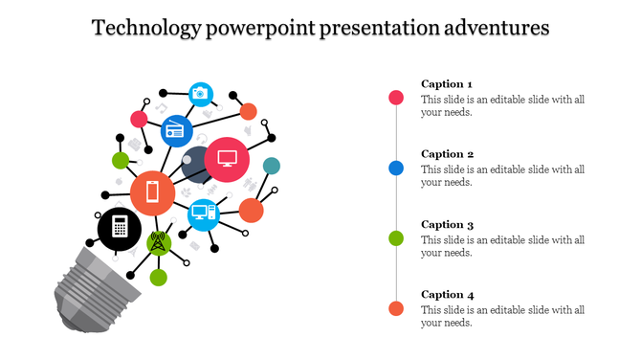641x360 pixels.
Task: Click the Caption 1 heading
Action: tap(447, 83)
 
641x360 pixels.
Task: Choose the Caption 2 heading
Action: tap(447, 154)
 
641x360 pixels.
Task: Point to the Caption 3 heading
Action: tap(447, 224)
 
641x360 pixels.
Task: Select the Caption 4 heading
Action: tap(447, 294)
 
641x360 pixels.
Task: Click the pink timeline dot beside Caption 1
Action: tap(396, 98)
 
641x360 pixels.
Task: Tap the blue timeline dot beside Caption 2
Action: tap(396, 168)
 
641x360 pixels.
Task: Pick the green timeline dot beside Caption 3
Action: tap(396, 237)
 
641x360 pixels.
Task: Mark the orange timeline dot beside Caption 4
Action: tap(396, 307)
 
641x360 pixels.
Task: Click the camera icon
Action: tap(200, 93)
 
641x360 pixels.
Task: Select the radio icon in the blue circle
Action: tap(176, 130)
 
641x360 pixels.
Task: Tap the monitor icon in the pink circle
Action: tap(227, 159)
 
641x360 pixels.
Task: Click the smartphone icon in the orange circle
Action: tap(152, 192)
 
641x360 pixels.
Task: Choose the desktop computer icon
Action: tap(204, 214)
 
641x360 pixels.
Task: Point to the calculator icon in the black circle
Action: tap(120, 228)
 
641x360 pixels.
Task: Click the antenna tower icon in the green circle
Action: tap(159, 242)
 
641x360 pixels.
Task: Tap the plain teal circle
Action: tap(272, 166)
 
